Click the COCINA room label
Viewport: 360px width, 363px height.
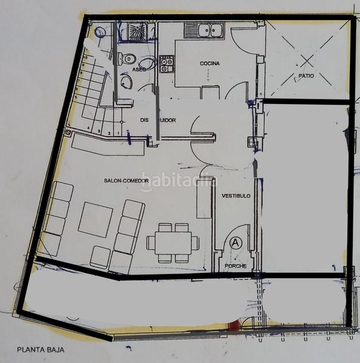tap(209, 64)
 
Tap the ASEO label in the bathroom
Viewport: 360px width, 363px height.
tap(139, 70)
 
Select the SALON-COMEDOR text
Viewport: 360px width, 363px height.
tap(126, 181)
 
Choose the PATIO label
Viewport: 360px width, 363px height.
tap(304, 76)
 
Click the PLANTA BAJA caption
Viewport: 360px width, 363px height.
tap(41, 349)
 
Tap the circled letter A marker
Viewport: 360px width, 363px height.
tap(236, 243)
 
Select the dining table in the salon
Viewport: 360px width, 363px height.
tap(172, 243)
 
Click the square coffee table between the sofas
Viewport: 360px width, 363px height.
tap(96, 219)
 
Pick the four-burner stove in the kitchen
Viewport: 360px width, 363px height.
tap(166, 64)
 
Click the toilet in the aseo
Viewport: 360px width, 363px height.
tap(127, 59)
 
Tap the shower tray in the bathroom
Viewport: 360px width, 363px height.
tap(137, 31)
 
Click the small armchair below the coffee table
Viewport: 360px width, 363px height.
tap(100, 257)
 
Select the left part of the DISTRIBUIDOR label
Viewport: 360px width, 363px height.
tap(145, 120)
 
